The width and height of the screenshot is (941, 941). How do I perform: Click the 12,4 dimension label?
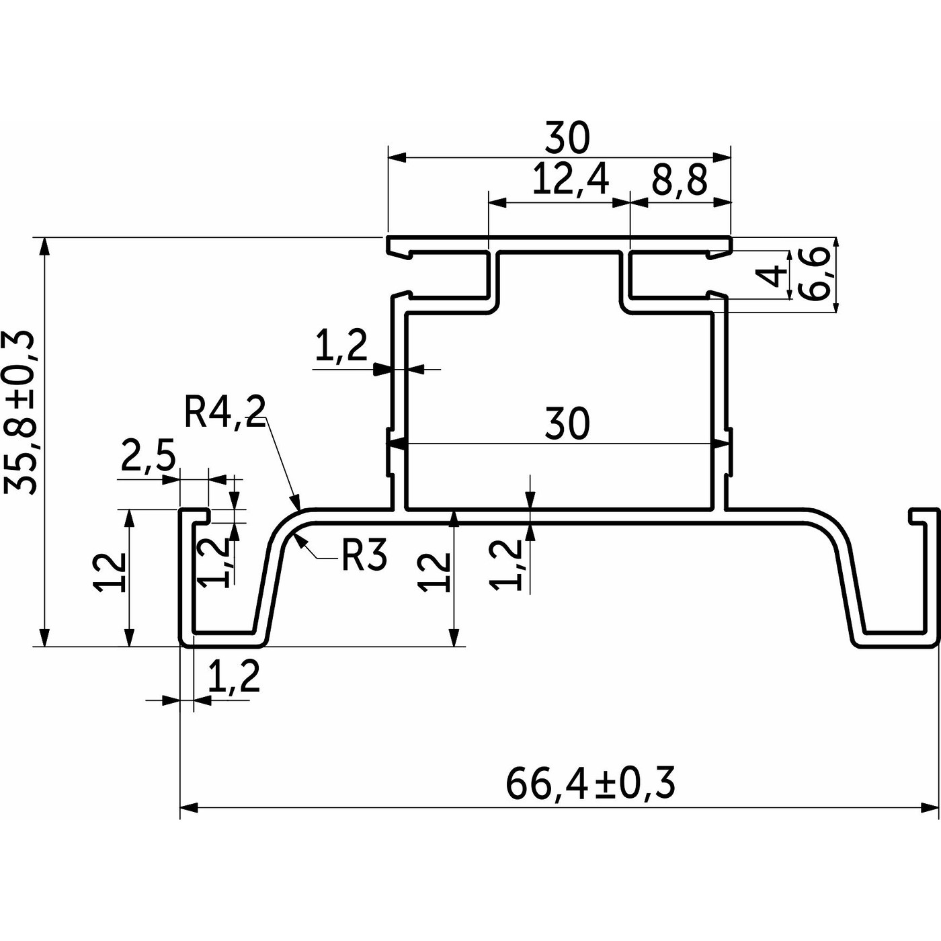click(x=570, y=181)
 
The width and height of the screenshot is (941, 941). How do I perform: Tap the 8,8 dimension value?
click(x=680, y=181)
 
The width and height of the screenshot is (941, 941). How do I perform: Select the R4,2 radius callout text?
click(x=225, y=412)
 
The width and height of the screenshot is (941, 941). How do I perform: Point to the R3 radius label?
click(x=364, y=555)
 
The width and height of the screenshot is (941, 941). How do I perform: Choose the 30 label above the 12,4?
click(x=567, y=137)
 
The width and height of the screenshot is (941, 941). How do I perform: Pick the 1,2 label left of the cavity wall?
click(x=341, y=347)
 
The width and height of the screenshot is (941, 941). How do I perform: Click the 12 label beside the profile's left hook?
click(x=110, y=572)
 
